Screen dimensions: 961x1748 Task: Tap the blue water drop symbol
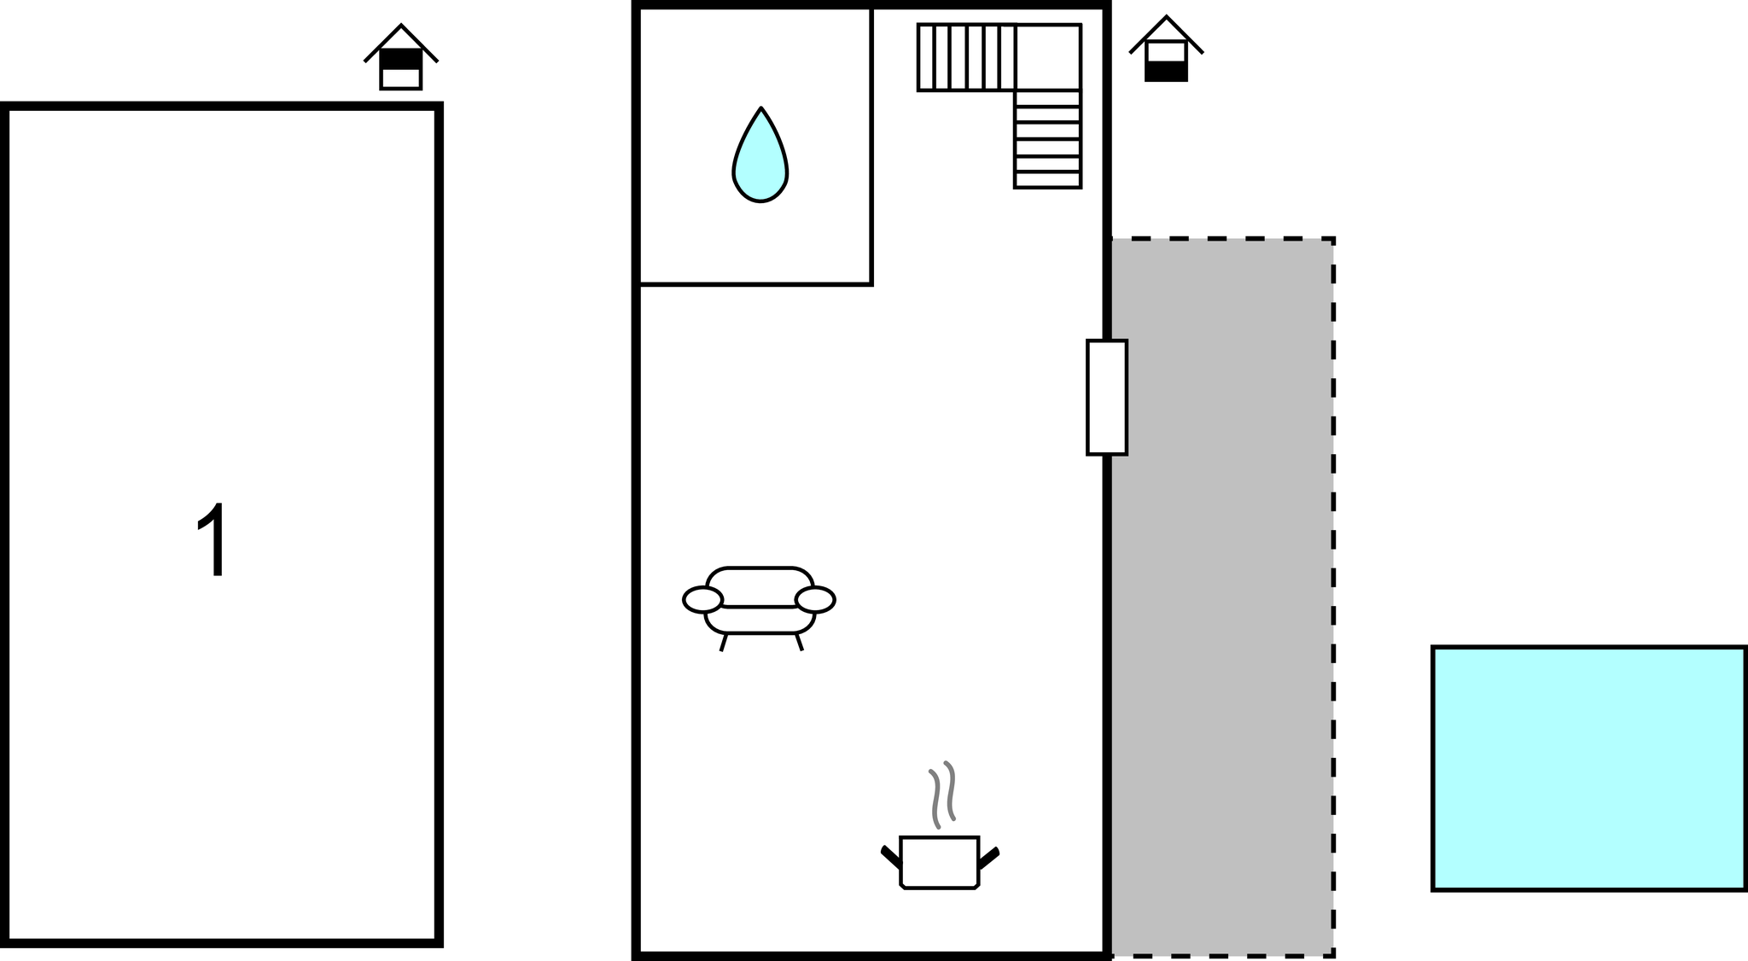(760, 162)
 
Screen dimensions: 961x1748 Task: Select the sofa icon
(759, 603)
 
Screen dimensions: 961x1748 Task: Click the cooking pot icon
(939, 862)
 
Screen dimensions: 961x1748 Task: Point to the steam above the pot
(942, 794)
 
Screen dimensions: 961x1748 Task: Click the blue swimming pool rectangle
(1588, 768)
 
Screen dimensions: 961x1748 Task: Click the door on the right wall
(1106, 398)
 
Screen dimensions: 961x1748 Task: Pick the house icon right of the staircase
(1166, 51)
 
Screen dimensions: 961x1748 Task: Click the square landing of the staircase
(1048, 56)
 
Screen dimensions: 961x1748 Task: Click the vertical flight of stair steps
(1048, 139)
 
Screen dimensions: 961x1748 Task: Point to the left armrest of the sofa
(702, 600)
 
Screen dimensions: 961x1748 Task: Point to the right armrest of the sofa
(815, 600)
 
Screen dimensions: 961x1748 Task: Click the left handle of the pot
(890, 857)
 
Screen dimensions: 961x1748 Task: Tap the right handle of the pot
(988, 858)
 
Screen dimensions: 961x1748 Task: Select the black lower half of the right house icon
(1166, 71)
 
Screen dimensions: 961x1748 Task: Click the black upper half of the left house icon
(400, 59)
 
